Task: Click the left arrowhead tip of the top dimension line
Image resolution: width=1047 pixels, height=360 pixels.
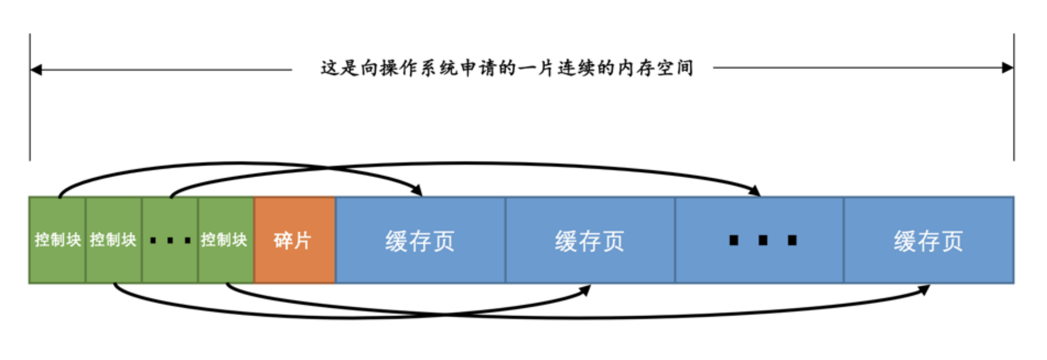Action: coord(31,70)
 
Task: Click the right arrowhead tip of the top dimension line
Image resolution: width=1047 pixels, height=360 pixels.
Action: coord(1013,68)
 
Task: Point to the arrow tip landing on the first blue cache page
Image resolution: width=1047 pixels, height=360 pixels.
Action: coord(422,196)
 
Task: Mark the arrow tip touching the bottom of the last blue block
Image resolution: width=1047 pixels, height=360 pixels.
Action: coord(929,285)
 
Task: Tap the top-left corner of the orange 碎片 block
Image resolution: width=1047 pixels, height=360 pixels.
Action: coord(254,197)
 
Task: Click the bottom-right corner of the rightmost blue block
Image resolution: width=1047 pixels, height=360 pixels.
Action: coord(1014,283)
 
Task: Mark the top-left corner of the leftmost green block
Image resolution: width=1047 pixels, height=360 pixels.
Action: coord(29,197)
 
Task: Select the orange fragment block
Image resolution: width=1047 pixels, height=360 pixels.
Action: coord(295,240)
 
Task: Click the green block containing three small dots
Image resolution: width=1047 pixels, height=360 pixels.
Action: coord(170,240)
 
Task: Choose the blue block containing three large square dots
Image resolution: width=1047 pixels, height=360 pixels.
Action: coord(760,240)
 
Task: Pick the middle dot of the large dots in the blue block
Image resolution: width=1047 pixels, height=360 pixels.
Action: coord(763,240)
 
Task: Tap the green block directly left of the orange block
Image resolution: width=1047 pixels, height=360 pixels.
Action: coord(226,240)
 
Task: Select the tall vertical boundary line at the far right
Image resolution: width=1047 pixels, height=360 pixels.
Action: coord(1014,97)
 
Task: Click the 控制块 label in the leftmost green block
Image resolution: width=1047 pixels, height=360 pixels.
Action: coord(58,240)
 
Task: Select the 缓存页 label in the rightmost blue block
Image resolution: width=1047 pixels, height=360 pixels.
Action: coord(928,241)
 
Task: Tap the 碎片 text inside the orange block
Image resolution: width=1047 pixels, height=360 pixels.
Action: coord(292,240)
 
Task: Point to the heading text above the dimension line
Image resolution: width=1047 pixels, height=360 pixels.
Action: coord(506,68)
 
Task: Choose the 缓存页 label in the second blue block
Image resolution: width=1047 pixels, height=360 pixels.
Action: coord(589,241)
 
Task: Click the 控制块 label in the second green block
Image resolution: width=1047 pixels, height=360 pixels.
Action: coord(113,240)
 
